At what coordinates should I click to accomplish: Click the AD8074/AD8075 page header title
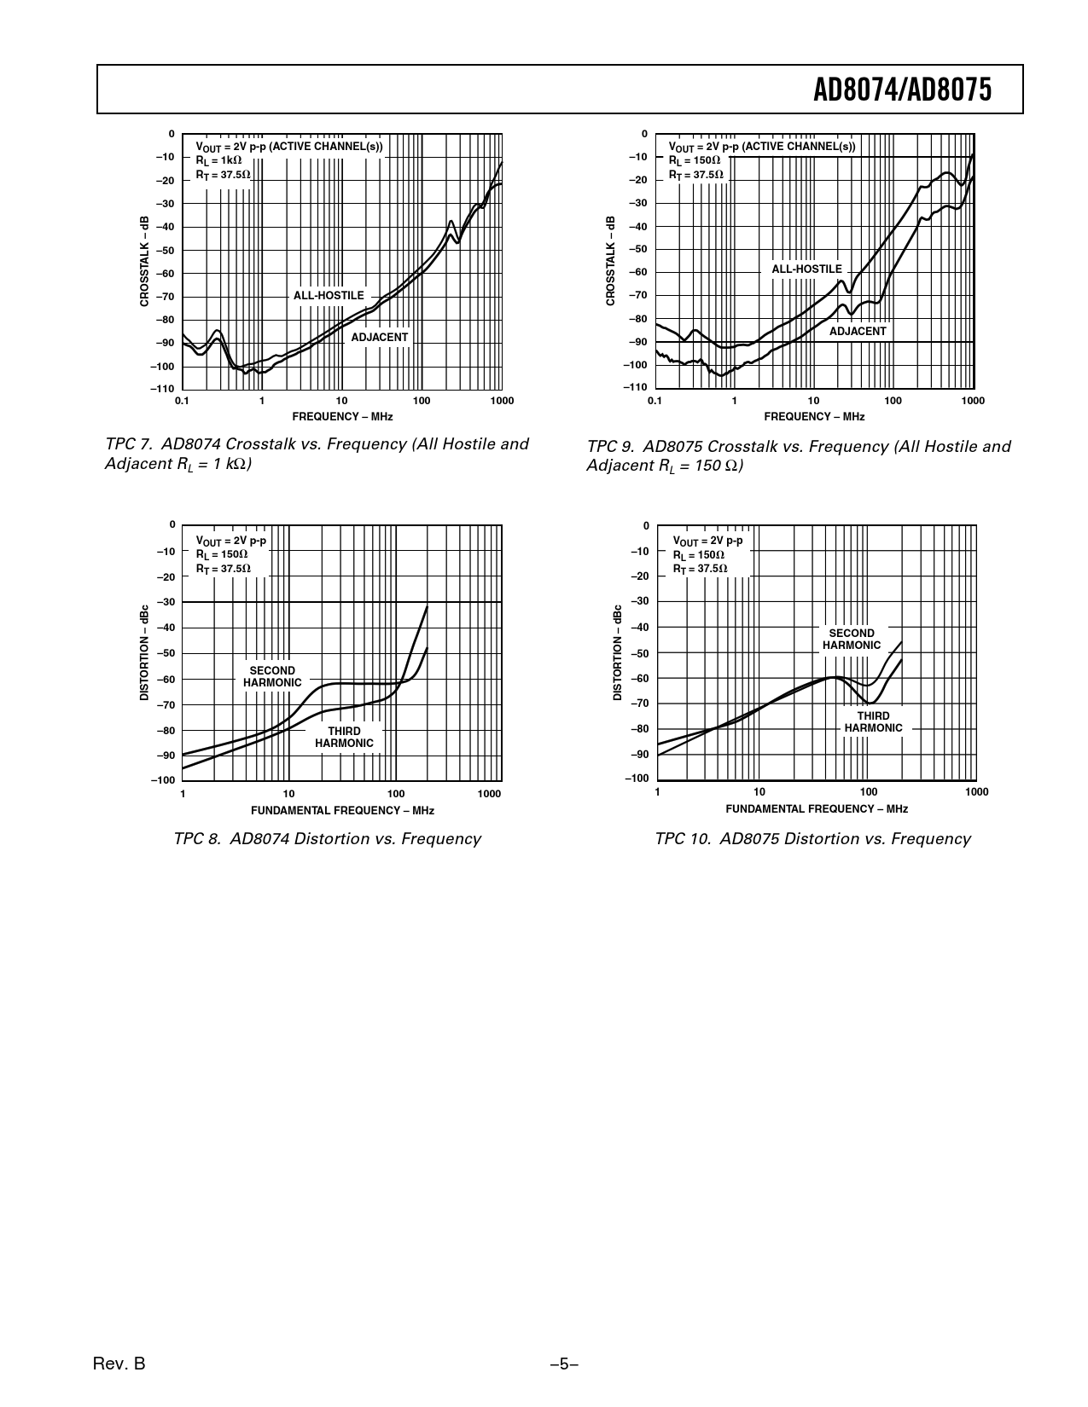tap(902, 90)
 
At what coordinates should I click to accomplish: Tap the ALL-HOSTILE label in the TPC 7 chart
tap(329, 296)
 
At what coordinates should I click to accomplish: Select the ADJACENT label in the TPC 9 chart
tap(858, 332)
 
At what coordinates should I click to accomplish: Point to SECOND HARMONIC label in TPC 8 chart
tap(272, 677)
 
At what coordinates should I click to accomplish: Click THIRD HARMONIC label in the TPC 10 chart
tap(873, 722)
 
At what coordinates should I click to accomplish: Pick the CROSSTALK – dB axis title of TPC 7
tap(145, 261)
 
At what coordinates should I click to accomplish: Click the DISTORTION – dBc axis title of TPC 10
tap(618, 653)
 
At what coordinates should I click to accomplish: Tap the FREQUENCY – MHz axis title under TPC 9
tap(814, 417)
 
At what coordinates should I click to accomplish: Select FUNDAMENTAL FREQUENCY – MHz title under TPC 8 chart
tap(342, 811)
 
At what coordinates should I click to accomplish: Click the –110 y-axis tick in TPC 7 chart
tap(163, 390)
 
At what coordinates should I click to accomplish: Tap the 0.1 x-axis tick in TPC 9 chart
tap(655, 401)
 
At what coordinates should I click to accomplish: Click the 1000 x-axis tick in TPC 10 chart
tap(977, 792)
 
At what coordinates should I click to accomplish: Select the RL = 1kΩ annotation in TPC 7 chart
tap(219, 160)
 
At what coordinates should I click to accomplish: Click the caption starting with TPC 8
tap(327, 839)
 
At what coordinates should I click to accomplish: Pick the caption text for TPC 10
tap(812, 839)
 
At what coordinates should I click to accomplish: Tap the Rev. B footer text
tap(119, 1364)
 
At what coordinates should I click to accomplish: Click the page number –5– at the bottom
tap(564, 1364)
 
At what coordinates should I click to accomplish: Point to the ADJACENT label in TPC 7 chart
tap(380, 338)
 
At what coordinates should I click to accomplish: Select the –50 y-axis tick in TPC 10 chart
tap(639, 653)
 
